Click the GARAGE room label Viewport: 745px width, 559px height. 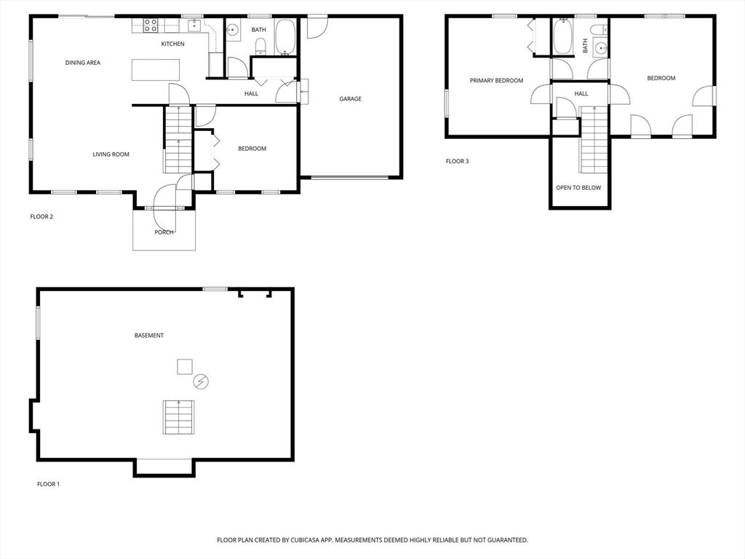350,99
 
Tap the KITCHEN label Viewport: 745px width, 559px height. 173,44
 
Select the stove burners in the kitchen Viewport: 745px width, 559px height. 151,25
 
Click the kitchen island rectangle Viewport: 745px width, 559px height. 156,70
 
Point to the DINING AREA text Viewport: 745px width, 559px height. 83,63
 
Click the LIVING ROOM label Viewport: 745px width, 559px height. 111,154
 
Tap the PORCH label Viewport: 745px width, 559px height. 164,232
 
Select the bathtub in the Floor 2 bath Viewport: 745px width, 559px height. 285,37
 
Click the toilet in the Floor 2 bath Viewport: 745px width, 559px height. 260,47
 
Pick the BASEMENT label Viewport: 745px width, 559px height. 148,335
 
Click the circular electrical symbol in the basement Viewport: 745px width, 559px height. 201,381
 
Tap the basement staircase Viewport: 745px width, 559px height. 179,417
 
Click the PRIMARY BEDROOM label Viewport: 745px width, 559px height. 496,80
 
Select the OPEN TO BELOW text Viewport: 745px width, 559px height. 578,188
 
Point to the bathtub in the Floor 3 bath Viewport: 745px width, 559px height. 564,36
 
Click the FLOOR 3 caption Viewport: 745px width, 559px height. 457,161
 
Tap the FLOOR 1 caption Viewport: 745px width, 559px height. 49,484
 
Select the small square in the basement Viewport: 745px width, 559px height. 185,367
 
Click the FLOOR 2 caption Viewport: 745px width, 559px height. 41,216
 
